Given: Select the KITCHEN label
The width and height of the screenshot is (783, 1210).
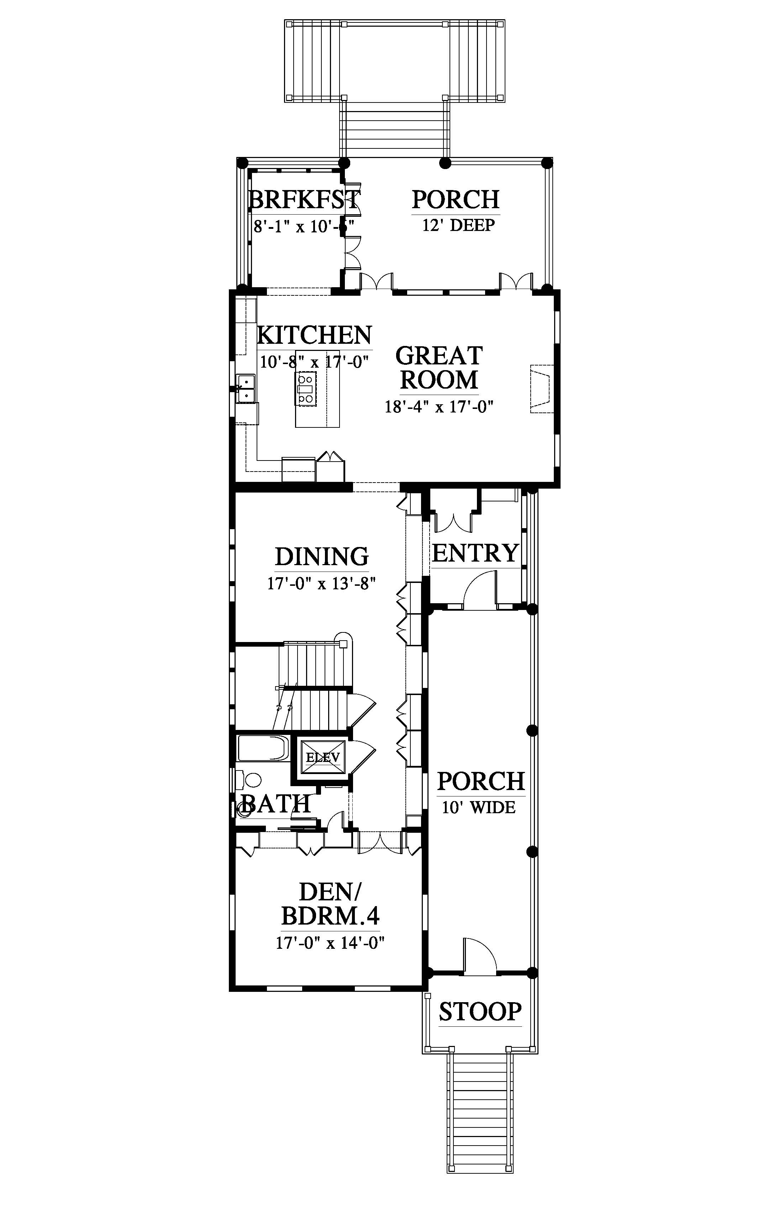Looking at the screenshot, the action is [314, 335].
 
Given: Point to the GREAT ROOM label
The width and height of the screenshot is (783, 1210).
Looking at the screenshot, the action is [439, 368].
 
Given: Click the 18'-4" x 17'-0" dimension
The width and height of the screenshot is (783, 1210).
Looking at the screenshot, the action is [439, 407].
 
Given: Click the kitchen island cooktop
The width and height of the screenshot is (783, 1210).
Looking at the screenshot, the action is [306, 388].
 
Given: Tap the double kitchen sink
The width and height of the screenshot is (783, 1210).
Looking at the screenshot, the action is [246, 388].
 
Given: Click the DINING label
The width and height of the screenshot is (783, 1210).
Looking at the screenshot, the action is [322, 556].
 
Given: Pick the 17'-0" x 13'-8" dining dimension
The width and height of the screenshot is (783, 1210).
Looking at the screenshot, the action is [321, 583].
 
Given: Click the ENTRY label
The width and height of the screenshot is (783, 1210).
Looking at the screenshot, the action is [475, 553].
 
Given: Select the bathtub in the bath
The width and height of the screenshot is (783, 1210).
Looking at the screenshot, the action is [263, 748].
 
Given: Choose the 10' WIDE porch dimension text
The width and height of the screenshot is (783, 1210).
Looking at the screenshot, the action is [478, 807].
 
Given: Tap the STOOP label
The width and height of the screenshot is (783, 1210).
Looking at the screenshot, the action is [480, 1012].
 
